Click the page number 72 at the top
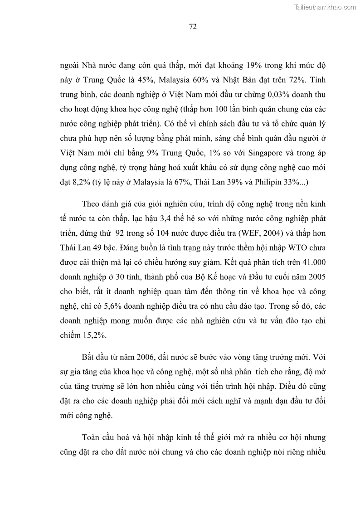(192, 27)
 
